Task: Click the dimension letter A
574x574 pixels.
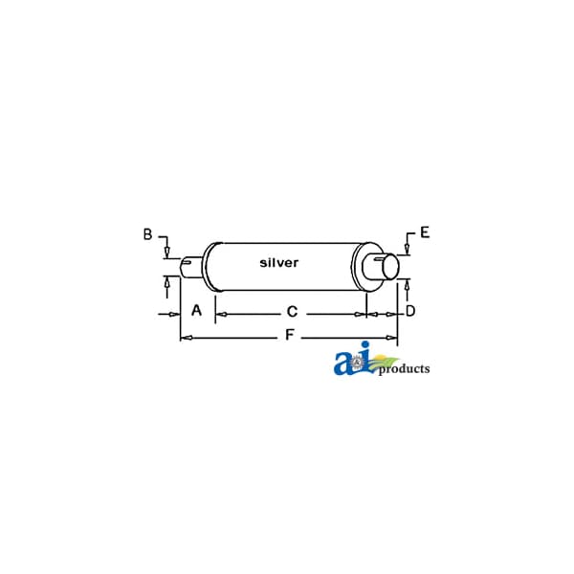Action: click(196, 310)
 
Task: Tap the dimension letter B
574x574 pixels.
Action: click(147, 234)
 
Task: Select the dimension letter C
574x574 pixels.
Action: click(292, 312)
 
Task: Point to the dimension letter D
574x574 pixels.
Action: click(410, 311)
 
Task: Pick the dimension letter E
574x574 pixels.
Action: click(425, 232)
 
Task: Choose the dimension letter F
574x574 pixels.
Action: click(290, 335)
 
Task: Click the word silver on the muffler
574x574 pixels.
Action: click(279, 262)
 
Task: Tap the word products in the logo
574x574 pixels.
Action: click(404, 369)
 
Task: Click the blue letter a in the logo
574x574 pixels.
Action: click(343, 364)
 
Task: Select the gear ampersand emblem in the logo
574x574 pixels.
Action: click(356, 363)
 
